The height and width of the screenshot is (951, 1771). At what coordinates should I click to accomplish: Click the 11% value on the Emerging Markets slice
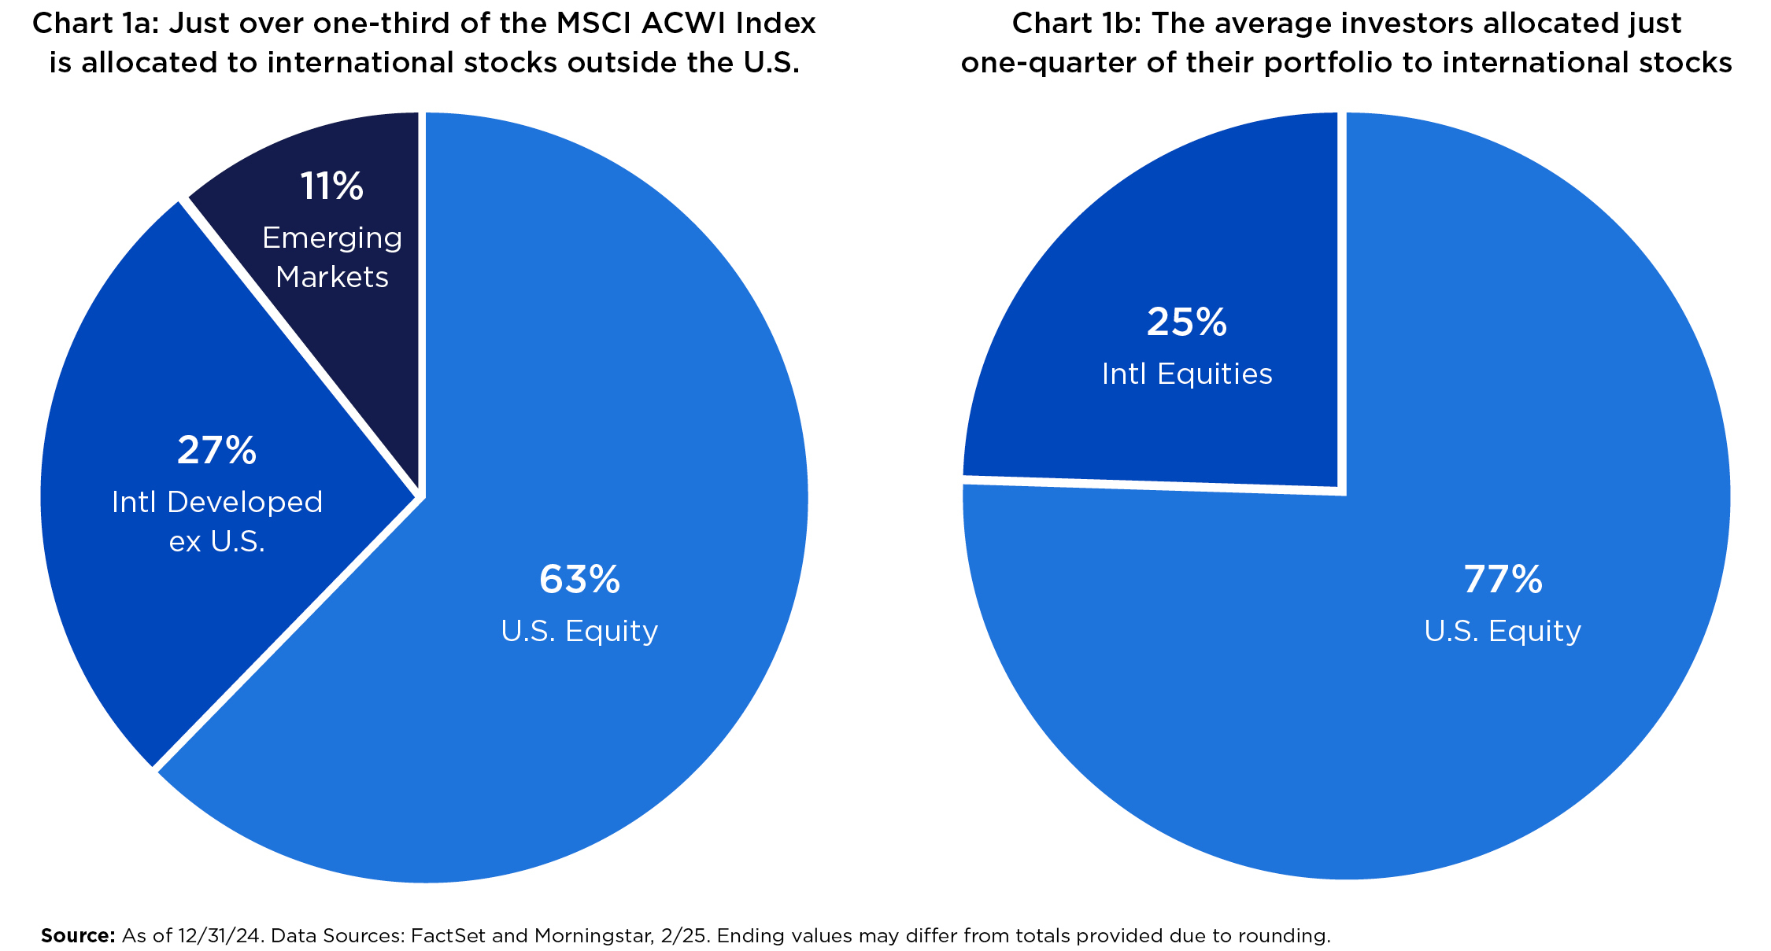pyautogui.click(x=331, y=187)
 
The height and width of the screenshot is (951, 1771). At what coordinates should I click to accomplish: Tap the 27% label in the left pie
pyautogui.click(x=216, y=451)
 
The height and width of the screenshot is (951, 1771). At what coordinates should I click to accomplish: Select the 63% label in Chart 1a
pyautogui.click(x=579, y=580)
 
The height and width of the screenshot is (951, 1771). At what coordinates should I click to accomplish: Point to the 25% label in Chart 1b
pyautogui.click(x=1186, y=323)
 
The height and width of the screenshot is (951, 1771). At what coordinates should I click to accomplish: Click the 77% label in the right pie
pyautogui.click(x=1502, y=580)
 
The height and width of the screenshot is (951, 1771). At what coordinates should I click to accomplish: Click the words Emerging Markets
pyautogui.click(x=331, y=257)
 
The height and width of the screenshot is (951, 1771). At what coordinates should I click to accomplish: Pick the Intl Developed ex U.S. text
pyautogui.click(x=217, y=522)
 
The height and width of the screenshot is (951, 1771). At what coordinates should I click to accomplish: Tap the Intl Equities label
pyautogui.click(x=1186, y=374)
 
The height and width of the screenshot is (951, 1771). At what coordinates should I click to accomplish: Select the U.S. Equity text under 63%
pyautogui.click(x=579, y=631)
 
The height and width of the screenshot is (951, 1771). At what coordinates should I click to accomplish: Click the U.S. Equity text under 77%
pyautogui.click(x=1502, y=631)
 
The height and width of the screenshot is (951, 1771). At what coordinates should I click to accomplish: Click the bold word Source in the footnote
pyautogui.click(x=78, y=935)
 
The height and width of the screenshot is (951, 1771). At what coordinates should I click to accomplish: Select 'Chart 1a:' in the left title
pyautogui.click(x=95, y=24)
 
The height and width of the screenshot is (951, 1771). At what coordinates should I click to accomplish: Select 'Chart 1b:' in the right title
pyautogui.click(x=1075, y=24)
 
